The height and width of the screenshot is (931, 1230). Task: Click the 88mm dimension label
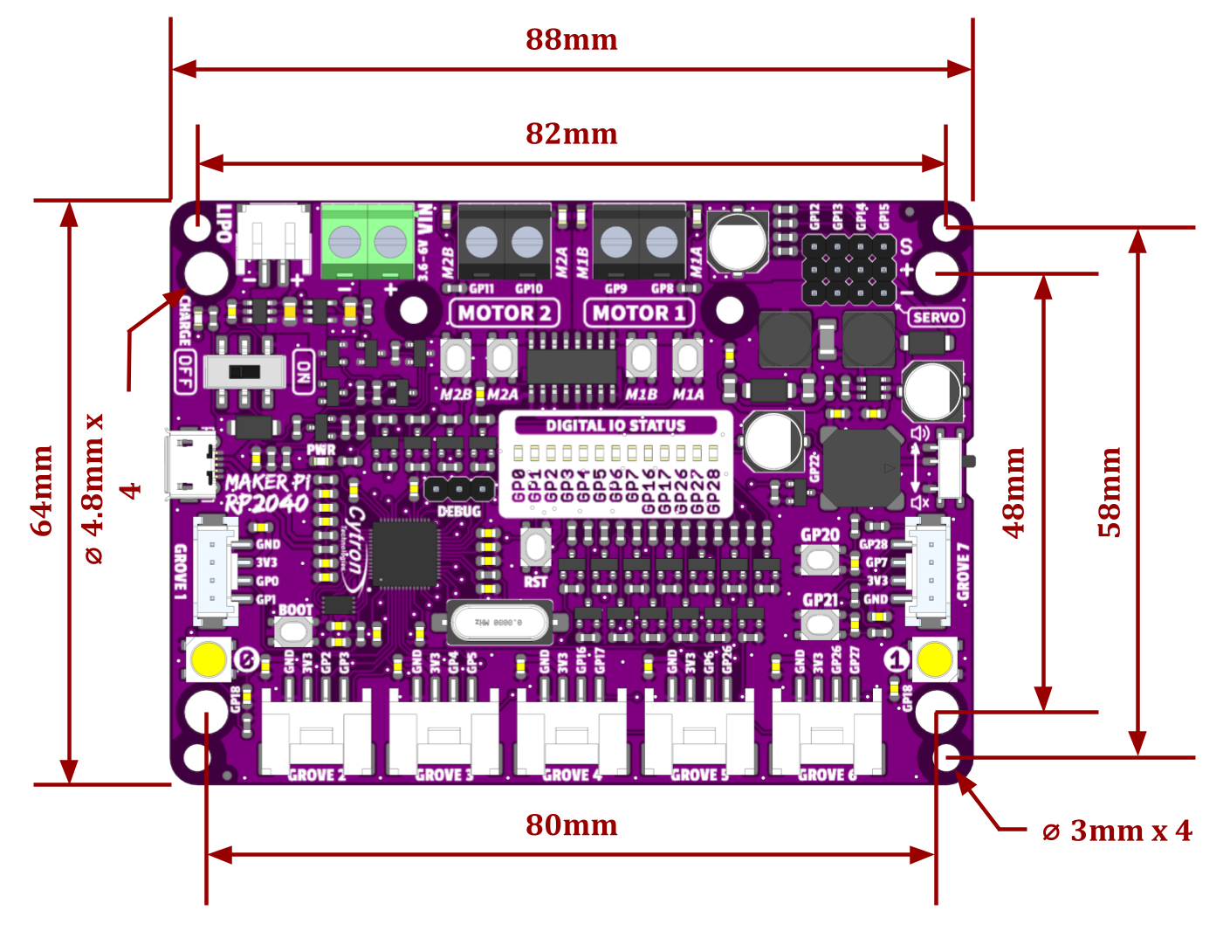[571, 40]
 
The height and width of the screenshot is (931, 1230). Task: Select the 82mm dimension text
[571, 134]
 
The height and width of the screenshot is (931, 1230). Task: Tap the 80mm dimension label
[571, 825]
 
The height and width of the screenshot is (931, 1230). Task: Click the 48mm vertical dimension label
[1014, 493]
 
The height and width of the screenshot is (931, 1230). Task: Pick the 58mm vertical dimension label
[1110, 493]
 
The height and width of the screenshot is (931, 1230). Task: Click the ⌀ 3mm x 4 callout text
[1117, 831]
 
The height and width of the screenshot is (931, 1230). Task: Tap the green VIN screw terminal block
[367, 241]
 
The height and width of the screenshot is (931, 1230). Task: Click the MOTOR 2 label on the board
[505, 313]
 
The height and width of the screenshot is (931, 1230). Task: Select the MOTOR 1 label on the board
[638, 313]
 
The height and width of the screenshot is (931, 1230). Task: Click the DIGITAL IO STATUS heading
[615, 425]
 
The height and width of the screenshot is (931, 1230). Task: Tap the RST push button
[535, 548]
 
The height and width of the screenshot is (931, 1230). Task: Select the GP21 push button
[820, 623]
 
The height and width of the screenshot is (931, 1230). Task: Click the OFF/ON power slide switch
[244, 372]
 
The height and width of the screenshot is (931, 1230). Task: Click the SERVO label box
[935, 317]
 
